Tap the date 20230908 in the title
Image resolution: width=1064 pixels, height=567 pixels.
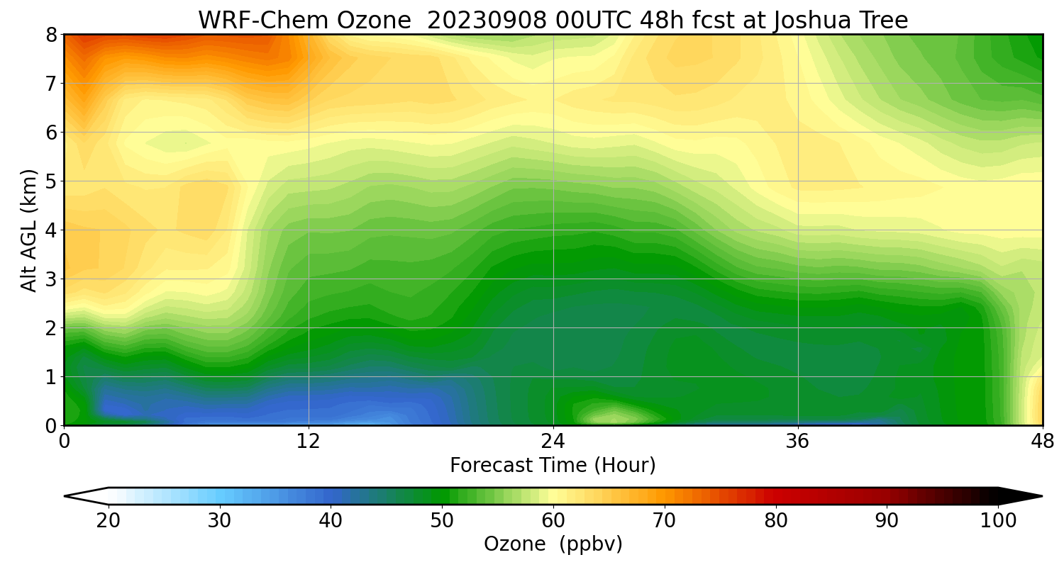pos(486,20)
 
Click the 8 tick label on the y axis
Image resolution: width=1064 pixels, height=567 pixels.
pos(52,35)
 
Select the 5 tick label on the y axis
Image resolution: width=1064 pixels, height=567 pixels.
pos(52,181)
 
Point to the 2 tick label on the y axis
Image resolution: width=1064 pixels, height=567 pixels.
pos(52,328)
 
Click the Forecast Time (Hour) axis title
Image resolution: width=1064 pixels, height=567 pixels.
pos(553,466)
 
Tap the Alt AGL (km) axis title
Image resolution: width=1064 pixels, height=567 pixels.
pos(29,230)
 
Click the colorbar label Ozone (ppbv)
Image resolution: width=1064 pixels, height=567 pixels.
pos(553,544)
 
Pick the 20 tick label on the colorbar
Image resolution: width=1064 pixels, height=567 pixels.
pos(109,520)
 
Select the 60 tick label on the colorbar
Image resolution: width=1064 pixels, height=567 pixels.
pos(553,520)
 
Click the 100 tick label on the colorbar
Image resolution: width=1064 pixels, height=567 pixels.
pos(998,520)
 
